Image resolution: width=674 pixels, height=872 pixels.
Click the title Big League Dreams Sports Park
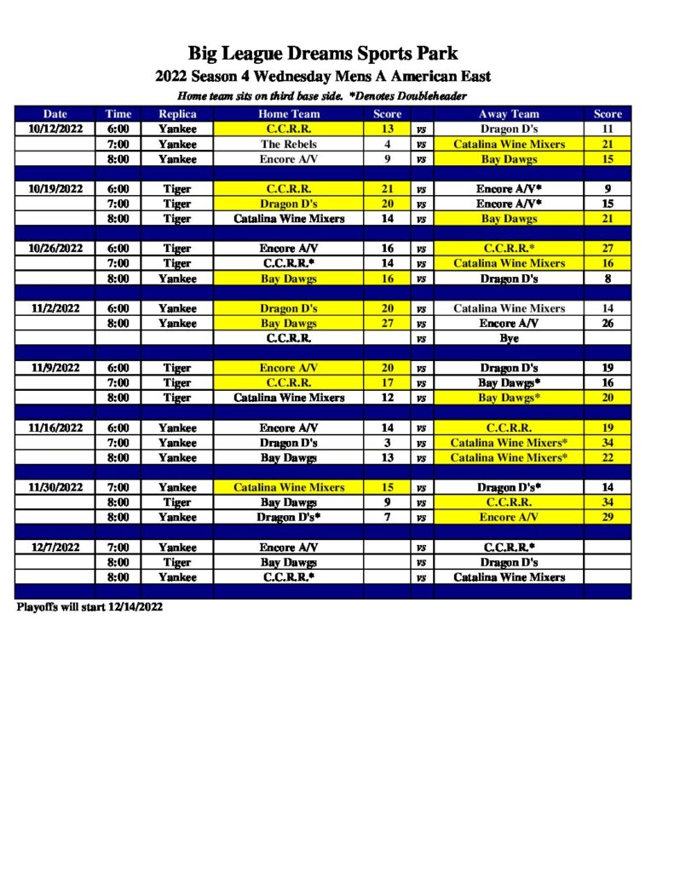pos(323,54)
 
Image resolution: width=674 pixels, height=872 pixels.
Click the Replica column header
pos(176,114)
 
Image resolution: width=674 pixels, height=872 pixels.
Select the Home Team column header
pos(289,114)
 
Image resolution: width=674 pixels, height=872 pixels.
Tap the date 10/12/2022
pos(55,129)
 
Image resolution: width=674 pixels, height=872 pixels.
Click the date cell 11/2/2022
pos(55,308)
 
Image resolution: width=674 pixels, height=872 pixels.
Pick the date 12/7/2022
pos(55,548)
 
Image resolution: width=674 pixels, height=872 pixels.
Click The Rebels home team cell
pos(289,144)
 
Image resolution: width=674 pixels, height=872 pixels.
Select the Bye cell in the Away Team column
pos(509,338)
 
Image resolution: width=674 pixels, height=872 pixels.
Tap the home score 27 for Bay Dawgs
pos(387,324)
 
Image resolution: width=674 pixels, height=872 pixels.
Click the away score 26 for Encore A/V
pos(608,324)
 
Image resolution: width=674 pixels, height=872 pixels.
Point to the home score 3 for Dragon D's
pos(387,443)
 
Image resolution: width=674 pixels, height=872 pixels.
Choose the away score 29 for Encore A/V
pos(608,517)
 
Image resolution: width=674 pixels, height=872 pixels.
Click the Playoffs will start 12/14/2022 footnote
pos(89,608)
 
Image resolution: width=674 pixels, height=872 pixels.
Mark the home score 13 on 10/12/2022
pos(387,129)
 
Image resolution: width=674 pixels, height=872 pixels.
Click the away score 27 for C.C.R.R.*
pos(608,249)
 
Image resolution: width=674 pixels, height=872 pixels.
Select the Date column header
pos(55,114)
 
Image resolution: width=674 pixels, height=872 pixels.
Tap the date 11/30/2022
pos(55,487)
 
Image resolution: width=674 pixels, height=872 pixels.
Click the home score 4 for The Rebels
pos(387,144)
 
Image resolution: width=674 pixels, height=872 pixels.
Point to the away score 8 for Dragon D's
pos(608,278)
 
